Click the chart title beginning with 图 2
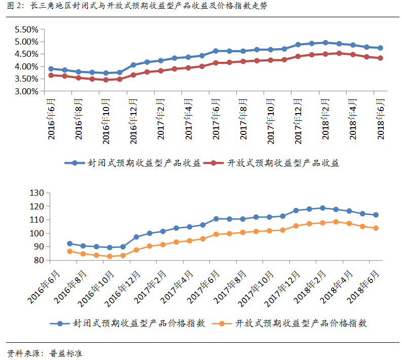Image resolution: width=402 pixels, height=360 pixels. pos(137,6)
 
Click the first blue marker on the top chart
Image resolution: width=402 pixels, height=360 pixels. pos(51,69)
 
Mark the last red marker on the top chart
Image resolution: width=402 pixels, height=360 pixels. pos(380,58)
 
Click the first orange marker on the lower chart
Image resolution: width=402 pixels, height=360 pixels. pos(69,251)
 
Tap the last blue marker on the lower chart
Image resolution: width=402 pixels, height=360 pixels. pos(376,215)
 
